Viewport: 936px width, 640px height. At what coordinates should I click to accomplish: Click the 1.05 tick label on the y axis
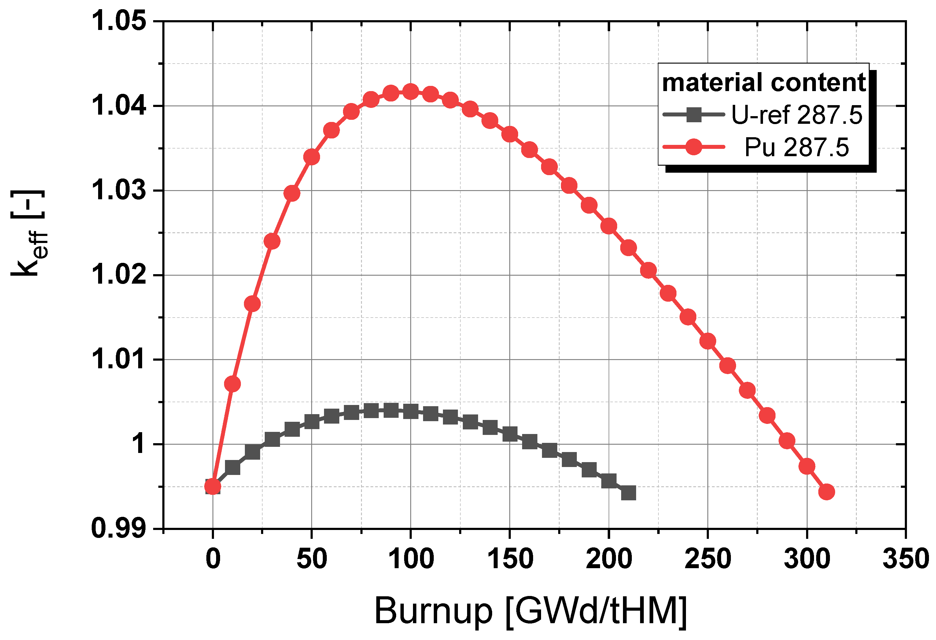(118, 21)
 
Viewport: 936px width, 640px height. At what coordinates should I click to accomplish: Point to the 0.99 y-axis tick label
(118, 528)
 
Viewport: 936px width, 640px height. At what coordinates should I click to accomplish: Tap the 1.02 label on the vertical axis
(118, 275)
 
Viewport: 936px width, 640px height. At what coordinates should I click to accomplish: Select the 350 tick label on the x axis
(906, 559)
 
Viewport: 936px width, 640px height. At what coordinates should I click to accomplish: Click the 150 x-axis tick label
(510, 559)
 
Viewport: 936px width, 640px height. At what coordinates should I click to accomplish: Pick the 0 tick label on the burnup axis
(213, 559)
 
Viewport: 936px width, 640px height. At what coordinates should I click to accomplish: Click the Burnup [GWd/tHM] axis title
(531, 611)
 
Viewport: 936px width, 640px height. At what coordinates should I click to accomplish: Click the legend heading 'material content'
(764, 83)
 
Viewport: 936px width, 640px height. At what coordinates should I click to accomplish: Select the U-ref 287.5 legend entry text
(797, 115)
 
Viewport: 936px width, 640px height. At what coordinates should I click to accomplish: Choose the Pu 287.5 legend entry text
(797, 147)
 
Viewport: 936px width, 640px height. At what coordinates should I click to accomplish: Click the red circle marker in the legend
(694, 147)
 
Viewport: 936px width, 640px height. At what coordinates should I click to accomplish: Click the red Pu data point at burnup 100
(411, 92)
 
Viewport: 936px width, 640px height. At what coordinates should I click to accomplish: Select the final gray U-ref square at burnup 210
(628, 493)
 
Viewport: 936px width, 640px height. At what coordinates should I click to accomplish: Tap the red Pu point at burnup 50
(311, 157)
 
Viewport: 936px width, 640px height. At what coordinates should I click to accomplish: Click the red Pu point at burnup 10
(232, 384)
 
